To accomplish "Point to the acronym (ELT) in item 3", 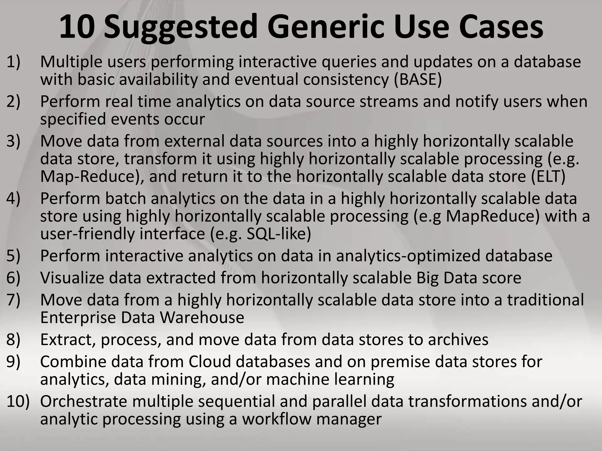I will [548, 176].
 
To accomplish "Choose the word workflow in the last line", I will [276, 419].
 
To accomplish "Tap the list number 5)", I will [14, 256].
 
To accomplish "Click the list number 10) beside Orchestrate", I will [18, 401].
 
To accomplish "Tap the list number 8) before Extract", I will [14, 340].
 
